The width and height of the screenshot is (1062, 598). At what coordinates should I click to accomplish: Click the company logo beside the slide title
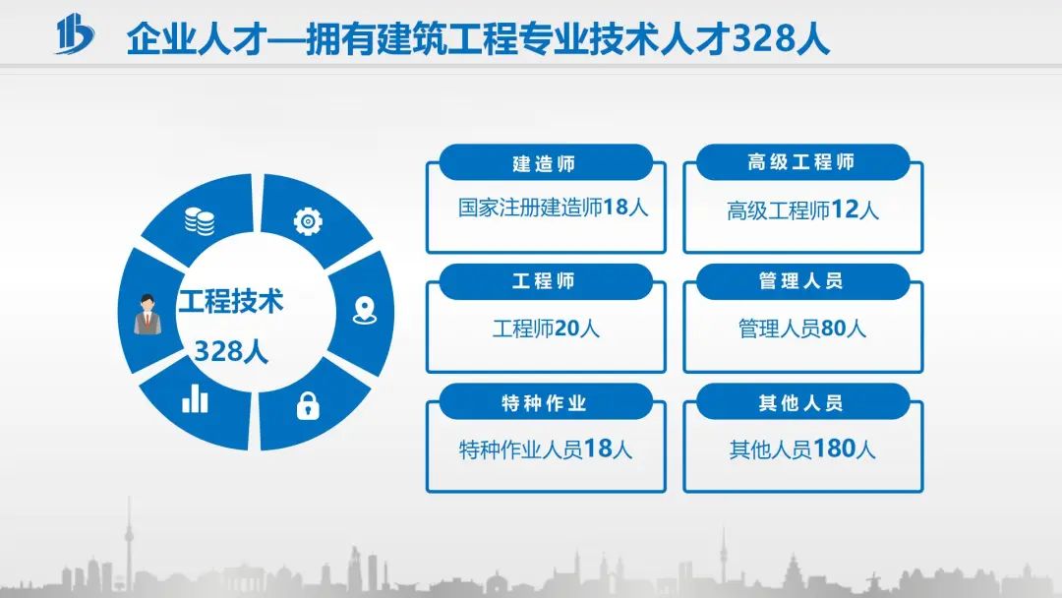[75, 33]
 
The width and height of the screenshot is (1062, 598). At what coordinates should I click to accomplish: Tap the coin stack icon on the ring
[200, 221]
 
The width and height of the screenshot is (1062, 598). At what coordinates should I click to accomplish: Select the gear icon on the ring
[308, 221]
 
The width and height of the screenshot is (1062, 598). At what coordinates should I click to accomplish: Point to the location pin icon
[365, 310]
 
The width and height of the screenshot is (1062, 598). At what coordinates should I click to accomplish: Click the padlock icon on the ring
[308, 405]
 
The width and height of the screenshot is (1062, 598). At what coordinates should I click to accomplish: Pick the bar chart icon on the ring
[195, 398]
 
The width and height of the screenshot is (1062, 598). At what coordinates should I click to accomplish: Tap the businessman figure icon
[147, 314]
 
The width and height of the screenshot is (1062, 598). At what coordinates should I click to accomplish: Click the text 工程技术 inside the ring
[231, 301]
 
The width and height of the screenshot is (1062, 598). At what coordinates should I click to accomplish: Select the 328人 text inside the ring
[231, 351]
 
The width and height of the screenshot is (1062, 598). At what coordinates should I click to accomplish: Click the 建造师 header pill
[546, 162]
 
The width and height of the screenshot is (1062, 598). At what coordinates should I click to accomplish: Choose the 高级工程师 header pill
[802, 162]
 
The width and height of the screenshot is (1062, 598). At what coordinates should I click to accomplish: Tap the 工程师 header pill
[546, 281]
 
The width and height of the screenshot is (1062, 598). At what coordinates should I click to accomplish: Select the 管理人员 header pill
[802, 281]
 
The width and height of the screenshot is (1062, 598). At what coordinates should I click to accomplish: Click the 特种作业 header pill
[546, 402]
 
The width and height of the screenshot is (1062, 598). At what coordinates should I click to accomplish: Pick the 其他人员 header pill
[802, 402]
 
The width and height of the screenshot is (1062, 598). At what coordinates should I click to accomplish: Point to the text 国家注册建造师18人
[554, 208]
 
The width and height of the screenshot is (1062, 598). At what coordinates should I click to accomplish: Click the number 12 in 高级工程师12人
[845, 209]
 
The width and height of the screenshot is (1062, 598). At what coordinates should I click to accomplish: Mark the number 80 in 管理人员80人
[834, 329]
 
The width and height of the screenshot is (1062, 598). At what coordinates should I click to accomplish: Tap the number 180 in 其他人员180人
[834, 448]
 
